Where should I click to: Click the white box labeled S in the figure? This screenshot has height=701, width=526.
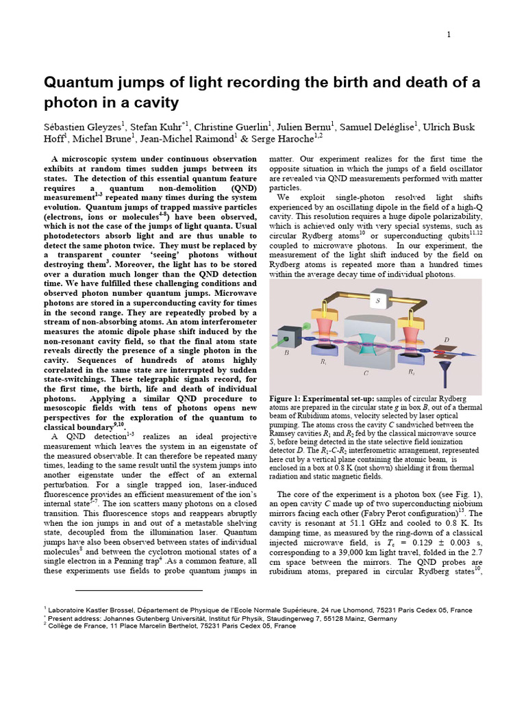tap(377, 300)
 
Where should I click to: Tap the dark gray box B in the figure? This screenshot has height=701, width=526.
tap(288, 337)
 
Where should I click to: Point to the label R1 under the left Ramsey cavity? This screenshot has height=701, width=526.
tap(324, 362)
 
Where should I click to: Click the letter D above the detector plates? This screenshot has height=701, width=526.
tap(447, 340)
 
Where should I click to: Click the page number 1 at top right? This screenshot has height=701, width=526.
tap(449, 35)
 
